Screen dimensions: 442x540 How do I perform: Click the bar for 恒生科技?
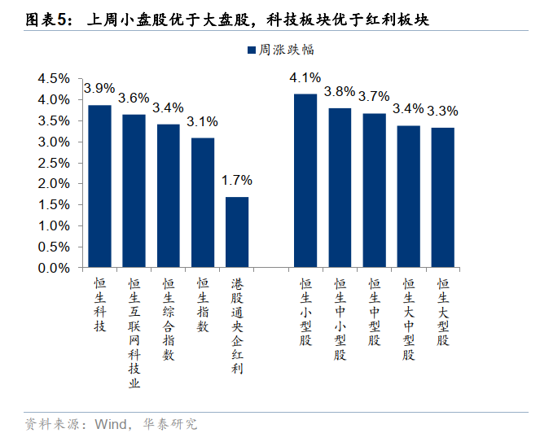pyautogui.click(x=99, y=186)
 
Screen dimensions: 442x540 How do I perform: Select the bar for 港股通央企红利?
pyautogui.click(x=237, y=232)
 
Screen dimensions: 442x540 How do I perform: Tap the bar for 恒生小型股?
pyautogui.click(x=305, y=181)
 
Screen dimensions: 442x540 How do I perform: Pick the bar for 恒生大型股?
pyautogui.click(x=443, y=197)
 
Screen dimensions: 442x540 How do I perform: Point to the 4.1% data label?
pyautogui.click(x=305, y=79)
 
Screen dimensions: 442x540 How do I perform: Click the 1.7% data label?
pyautogui.click(x=237, y=181)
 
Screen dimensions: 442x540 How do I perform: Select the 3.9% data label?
pyautogui.click(x=99, y=88)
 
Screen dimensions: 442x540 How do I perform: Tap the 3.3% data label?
pyautogui.click(x=443, y=111)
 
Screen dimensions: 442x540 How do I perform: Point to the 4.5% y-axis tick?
pyautogui.click(x=54, y=79)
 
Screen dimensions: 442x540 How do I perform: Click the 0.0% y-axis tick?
pyautogui.click(x=54, y=267)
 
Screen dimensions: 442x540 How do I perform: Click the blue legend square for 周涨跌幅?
pyautogui.click(x=252, y=50)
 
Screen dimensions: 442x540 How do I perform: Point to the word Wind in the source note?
pyautogui.click(x=111, y=424)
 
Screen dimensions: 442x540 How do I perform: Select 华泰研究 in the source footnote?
pyautogui.click(x=169, y=424)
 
